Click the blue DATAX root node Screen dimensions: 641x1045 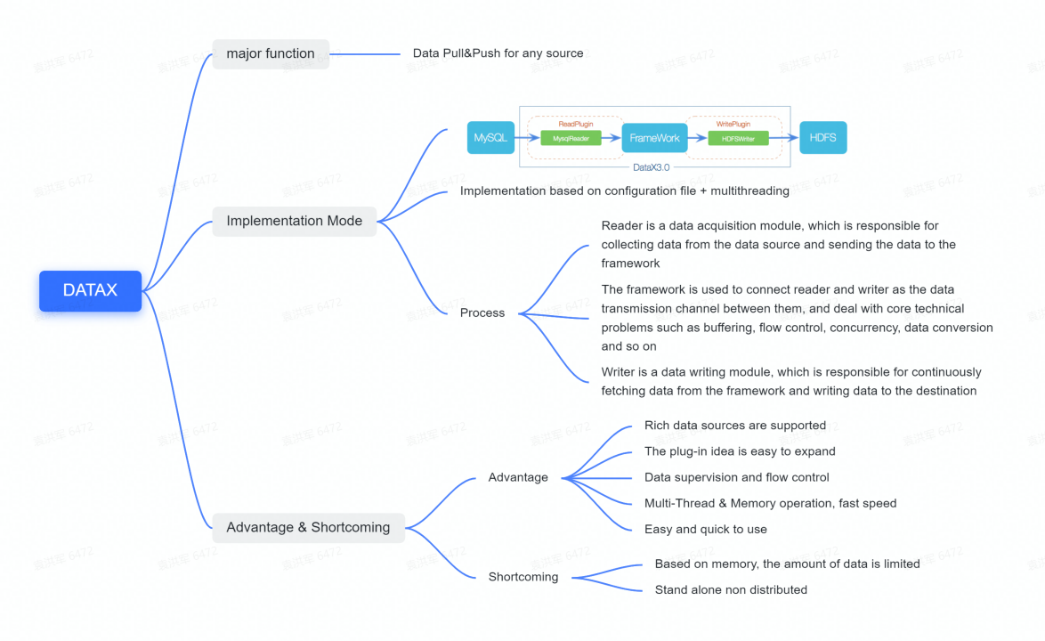pos(90,290)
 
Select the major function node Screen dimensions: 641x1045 pos(271,53)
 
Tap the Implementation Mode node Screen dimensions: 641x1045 pos(294,221)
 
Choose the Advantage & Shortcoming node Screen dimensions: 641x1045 pos(308,527)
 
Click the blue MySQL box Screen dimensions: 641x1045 pos(490,138)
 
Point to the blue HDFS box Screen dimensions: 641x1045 pos(822,138)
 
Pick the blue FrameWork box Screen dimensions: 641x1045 pos(654,138)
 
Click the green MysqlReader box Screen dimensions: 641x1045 pos(571,138)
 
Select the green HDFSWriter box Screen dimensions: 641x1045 pos(738,138)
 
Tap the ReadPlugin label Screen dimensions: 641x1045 pos(575,124)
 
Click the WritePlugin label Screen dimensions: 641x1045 pos(733,124)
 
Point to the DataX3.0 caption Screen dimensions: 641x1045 pos(651,166)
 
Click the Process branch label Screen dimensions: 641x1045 pos(482,312)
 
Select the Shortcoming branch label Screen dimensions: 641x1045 pos(523,577)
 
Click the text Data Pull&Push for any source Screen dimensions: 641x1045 pos(498,53)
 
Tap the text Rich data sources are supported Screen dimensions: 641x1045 pos(735,426)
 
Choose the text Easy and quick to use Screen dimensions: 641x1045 pos(706,529)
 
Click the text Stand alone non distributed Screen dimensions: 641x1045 pos(731,589)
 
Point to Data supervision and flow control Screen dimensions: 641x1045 pos(737,477)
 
